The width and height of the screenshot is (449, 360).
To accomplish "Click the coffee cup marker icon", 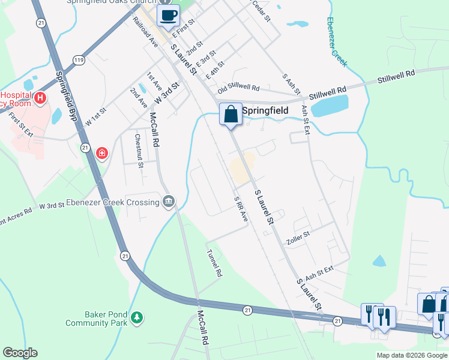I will (168, 16).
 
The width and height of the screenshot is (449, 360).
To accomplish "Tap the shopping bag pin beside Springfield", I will (231, 114).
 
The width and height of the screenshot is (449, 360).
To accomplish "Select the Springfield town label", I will (265, 111).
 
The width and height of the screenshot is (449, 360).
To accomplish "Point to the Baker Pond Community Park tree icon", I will (137, 317).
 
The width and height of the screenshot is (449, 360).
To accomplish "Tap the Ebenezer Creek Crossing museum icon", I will (169, 202).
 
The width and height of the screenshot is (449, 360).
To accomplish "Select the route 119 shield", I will (79, 59).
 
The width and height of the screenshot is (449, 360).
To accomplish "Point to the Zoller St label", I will (298, 237).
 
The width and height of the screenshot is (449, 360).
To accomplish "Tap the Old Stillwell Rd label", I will (239, 88).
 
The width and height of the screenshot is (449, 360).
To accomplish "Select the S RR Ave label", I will (240, 209).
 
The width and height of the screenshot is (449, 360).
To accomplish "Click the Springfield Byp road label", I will (67, 97).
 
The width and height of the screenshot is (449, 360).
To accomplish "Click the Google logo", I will (20, 353).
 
